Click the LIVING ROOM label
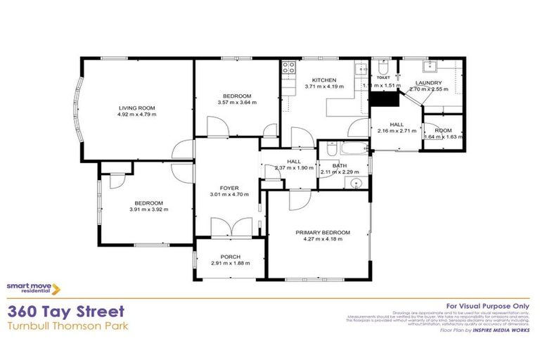point(137,107)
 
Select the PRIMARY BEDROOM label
point(323,233)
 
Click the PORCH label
point(230,257)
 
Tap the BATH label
point(340,166)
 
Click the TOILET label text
point(383,79)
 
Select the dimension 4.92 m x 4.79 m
point(137,114)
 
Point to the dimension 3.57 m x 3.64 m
point(237,103)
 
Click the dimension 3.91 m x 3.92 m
point(148,210)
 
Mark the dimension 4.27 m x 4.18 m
point(323,240)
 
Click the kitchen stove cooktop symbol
point(288,68)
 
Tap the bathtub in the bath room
point(351,150)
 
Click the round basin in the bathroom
point(356,184)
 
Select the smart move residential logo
point(33,288)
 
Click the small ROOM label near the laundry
point(443,131)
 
